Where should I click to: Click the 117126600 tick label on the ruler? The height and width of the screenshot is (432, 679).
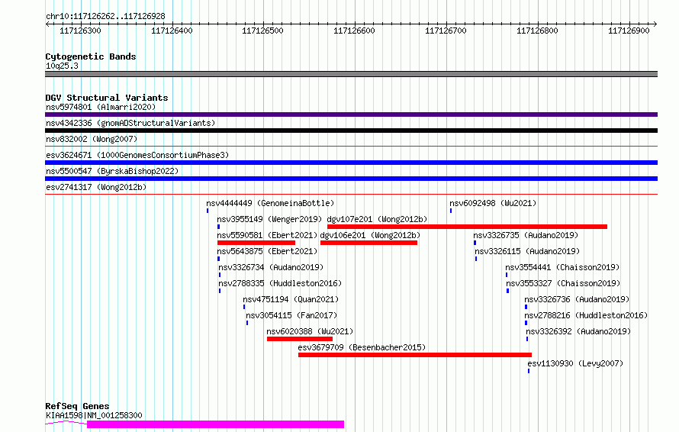(x=354, y=31)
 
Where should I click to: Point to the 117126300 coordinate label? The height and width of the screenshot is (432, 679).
(x=80, y=31)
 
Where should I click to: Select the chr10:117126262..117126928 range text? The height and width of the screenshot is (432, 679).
(x=105, y=17)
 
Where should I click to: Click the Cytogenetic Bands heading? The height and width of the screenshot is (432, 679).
(x=91, y=56)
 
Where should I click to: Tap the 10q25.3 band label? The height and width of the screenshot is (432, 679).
(x=62, y=66)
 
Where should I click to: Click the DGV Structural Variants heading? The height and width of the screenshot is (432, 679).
(x=107, y=98)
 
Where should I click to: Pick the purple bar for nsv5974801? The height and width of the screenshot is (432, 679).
(x=351, y=114)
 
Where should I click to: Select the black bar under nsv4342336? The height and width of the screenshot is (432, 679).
(x=351, y=131)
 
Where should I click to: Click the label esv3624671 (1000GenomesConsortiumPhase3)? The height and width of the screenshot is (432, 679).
(x=137, y=155)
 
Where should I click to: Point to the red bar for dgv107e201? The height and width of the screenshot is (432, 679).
(x=467, y=227)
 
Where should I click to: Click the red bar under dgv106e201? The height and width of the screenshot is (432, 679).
(x=368, y=243)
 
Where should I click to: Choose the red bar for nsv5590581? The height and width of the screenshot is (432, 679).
(x=256, y=243)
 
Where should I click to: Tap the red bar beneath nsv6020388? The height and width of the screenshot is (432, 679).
(x=300, y=339)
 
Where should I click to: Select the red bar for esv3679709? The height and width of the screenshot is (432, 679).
(x=415, y=355)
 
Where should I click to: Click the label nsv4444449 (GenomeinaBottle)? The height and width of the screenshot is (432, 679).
(x=270, y=203)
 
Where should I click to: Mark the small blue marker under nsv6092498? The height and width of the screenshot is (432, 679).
(x=451, y=211)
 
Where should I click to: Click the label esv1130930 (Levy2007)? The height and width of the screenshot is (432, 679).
(x=575, y=363)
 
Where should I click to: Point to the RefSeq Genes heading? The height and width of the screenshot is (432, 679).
(x=77, y=406)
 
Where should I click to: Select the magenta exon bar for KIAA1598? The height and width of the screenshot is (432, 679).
(x=215, y=424)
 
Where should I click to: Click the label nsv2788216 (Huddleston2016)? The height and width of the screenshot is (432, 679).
(x=586, y=315)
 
